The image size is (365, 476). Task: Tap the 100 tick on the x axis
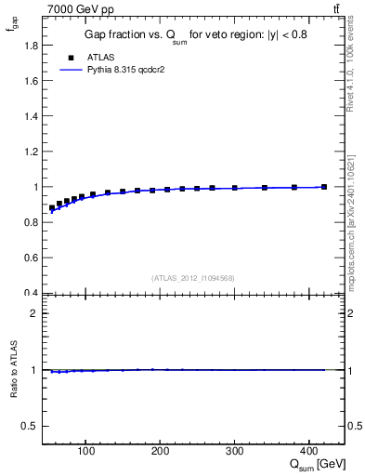point(85,453)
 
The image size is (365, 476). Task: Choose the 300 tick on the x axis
point(235,453)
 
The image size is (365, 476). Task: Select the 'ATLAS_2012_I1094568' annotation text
point(193,278)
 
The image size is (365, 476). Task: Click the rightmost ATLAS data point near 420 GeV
point(324,187)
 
